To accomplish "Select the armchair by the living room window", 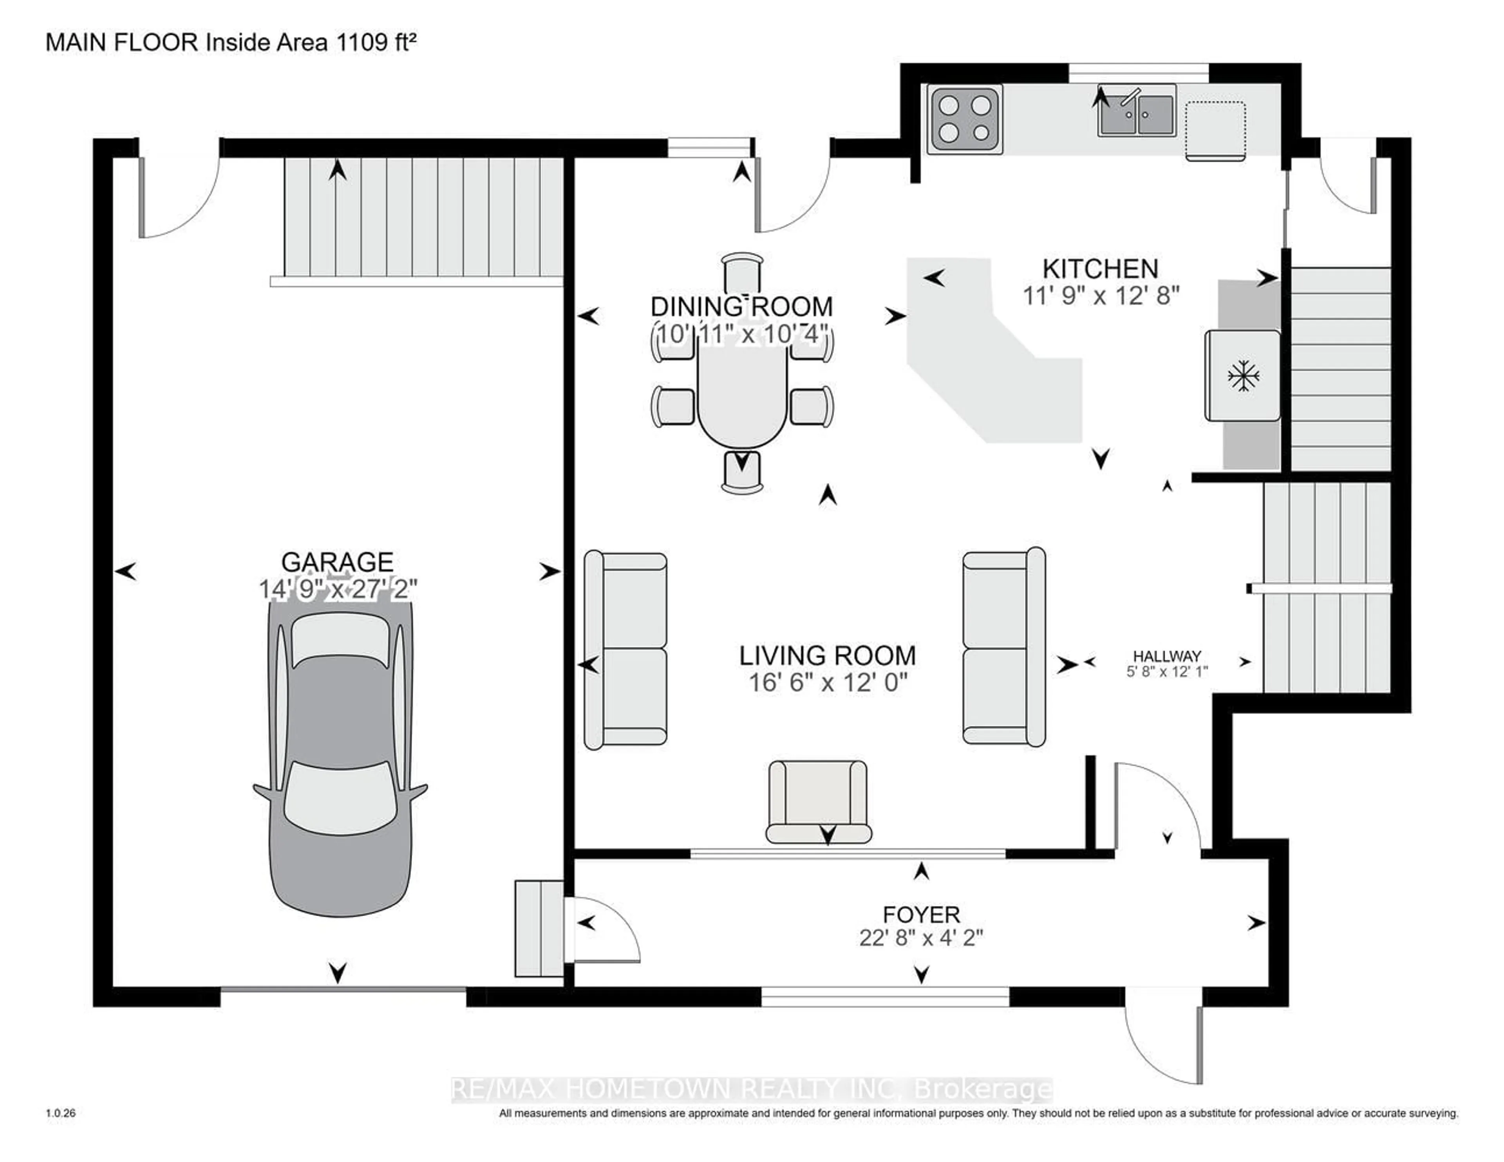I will pos(818,802).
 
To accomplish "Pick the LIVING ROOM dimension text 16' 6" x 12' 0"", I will pos(828,683).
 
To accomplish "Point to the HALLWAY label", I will pos(1167,656).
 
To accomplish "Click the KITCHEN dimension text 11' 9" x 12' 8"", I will pos(1101,296).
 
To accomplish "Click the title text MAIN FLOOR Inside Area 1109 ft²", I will pos(231,43).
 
